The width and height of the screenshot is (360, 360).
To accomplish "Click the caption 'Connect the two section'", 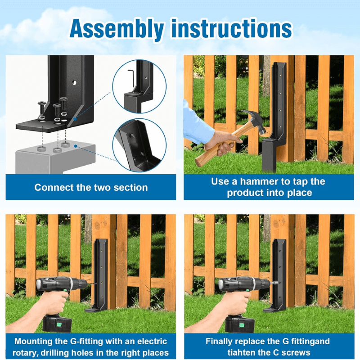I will point(91,187).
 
